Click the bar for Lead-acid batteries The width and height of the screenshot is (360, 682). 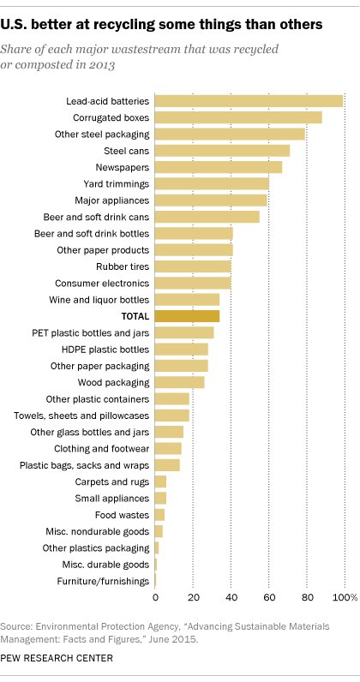pos(249,101)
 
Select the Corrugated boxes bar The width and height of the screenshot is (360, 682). pos(238,117)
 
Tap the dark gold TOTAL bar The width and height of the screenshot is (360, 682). pos(187,316)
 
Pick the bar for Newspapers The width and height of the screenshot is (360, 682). pos(219,167)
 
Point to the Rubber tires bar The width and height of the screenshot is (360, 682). pos(193,266)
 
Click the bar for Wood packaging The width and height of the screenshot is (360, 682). pos(180,382)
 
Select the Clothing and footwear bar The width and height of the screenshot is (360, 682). pos(168,448)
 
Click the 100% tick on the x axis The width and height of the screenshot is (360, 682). pos(345,596)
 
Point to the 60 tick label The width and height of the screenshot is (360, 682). pos(269,596)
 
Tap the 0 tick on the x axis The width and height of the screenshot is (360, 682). pos(155,596)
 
